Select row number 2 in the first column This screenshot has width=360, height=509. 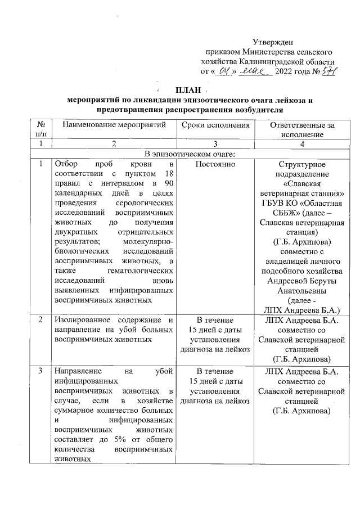coord(40,320)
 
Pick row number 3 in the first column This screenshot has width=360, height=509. coord(40,371)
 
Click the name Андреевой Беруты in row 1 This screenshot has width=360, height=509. coord(302,282)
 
